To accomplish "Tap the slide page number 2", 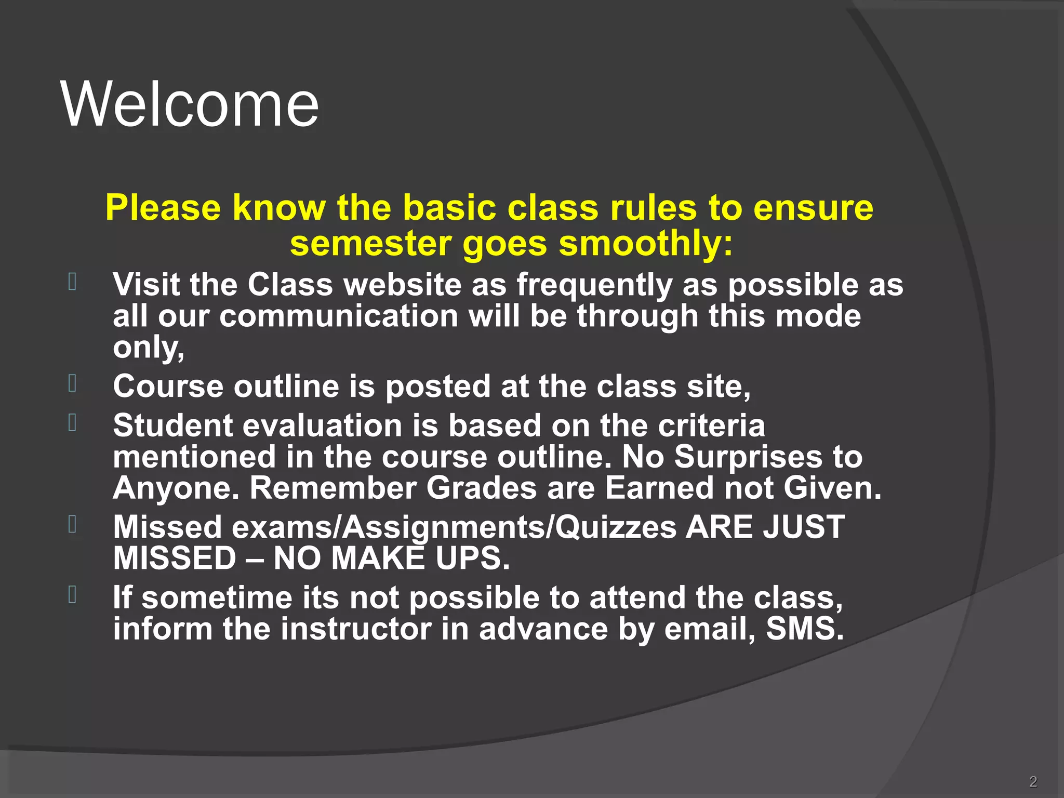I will click(1033, 781).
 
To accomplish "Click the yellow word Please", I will click(163, 208).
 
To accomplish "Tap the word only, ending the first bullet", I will click(149, 348).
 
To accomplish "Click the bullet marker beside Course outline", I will click(72, 383).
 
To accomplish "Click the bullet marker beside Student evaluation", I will click(72, 422).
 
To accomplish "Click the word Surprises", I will click(748, 457).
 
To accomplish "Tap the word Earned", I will click(659, 488).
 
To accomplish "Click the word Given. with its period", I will click(832, 488).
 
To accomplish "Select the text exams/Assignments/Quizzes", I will click(454, 528).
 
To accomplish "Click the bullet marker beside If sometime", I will click(72, 595).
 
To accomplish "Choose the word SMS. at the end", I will click(805, 629).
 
